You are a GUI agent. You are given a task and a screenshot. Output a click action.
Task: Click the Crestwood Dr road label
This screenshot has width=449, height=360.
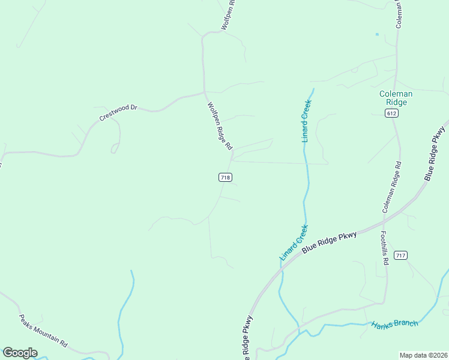[118, 112]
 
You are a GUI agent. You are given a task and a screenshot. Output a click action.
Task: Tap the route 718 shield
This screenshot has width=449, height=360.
[225, 177]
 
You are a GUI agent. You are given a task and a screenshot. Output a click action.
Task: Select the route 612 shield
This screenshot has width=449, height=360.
[392, 113]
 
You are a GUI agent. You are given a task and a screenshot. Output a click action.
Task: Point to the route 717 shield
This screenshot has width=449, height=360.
[401, 256]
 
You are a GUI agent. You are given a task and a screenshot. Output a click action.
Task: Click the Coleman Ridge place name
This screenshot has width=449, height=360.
[396, 98]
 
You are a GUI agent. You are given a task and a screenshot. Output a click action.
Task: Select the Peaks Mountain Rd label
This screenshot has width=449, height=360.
[43, 330]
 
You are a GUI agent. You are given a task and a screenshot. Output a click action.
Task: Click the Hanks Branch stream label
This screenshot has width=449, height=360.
[394, 324]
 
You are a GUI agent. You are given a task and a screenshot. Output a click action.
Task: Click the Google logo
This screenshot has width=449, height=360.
[20, 353]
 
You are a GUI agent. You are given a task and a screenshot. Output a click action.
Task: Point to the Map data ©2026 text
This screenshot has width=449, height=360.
[423, 355]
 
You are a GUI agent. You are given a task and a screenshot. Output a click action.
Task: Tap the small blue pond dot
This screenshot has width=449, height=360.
[377, 34]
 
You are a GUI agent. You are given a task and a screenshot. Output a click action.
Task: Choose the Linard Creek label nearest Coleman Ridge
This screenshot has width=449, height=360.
[305, 121]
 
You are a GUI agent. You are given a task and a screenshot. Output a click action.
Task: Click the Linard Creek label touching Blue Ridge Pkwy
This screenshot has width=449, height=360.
[294, 242]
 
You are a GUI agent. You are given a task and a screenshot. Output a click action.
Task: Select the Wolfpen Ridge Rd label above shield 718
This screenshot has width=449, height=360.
[220, 126]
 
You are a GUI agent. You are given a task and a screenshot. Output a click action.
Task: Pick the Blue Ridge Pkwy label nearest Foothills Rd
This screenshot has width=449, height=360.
[329, 241]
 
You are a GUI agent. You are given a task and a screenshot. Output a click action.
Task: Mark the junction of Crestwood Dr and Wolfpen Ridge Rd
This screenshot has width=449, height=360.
[205, 92]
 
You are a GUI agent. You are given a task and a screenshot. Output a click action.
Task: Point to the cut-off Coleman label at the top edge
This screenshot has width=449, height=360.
[399, 14]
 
